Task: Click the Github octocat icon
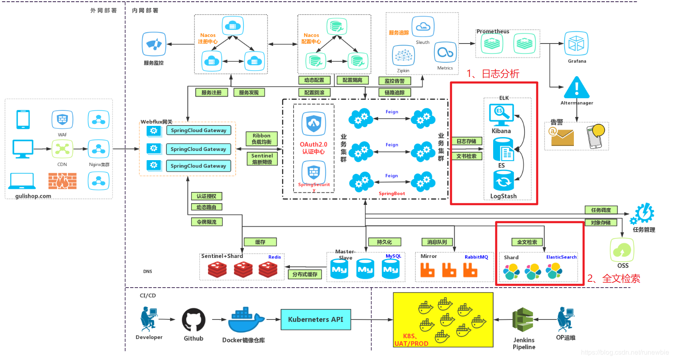[x=194, y=320]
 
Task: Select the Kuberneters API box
[x=316, y=319]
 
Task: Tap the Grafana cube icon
[x=576, y=43]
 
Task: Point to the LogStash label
[x=503, y=196]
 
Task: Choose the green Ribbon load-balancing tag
[x=261, y=139]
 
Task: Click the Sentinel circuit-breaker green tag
[x=262, y=159]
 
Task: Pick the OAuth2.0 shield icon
[x=314, y=123]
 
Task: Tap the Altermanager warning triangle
[x=576, y=87]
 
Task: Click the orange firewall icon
[x=62, y=181]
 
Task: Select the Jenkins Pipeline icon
[x=523, y=320]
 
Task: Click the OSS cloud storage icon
[x=622, y=250]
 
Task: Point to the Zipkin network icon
[x=403, y=56]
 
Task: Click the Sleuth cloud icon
[x=423, y=27]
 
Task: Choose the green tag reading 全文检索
[x=527, y=242]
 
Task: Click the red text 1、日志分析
[x=493, y=74]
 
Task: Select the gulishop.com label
[x=33, y=196]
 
